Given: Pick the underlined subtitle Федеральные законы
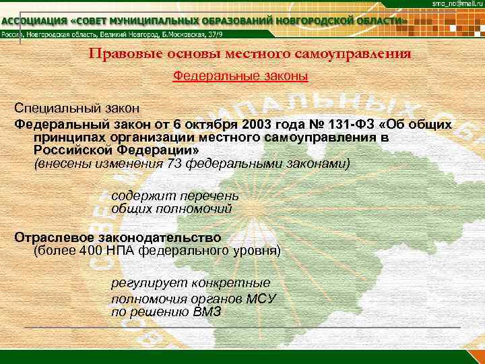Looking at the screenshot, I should click(240, 77).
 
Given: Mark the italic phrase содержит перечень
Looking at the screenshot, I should click(175, 195).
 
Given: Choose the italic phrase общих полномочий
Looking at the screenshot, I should click(171, 209).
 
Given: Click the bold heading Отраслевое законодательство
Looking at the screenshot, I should click(118, 238).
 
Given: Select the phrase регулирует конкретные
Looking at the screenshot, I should click(191, 283).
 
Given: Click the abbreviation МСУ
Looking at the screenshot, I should click(257, 299).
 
